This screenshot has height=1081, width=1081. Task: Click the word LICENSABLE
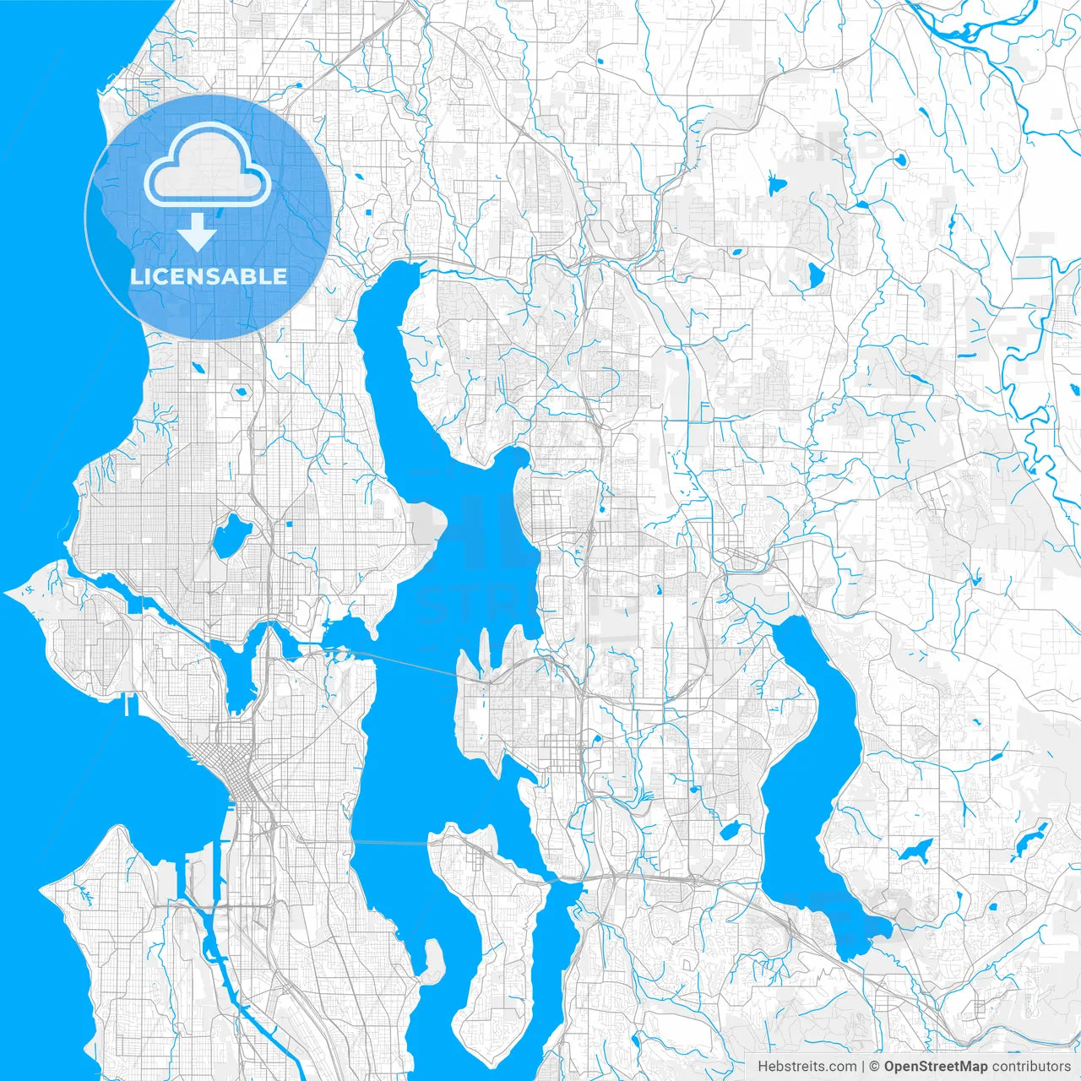click(208, 276)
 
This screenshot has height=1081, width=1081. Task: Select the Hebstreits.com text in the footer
click(807, 1067)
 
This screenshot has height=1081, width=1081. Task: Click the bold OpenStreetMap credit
click(935, 1067)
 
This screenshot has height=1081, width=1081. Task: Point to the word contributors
click(1031, 1067)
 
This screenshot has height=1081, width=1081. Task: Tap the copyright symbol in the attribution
click(875, 1067)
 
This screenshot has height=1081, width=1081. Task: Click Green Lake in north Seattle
click(231, 536)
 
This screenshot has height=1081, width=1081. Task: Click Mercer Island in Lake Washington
click(486, 921)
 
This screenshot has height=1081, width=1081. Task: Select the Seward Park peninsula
click(432, 959)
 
